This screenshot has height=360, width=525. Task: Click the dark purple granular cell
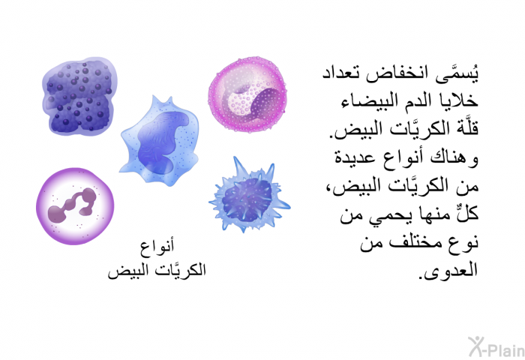79,97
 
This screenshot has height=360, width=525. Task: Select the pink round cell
247,94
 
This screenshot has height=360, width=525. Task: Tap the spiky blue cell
250,196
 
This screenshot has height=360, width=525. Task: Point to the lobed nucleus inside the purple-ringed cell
72,205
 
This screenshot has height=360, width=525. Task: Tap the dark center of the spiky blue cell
247,200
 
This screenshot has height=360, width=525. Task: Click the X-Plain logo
496,346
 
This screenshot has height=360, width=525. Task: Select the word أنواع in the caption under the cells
157,247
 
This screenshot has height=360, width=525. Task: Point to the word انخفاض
397,74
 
